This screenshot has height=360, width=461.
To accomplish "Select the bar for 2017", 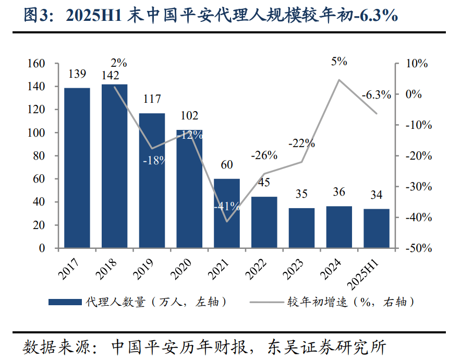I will (x=77, y=168).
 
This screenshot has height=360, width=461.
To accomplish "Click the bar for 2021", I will (x=227, y=213).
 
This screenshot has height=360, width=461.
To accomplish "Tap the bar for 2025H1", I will (x=377, y=229).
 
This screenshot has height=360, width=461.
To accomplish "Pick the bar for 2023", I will (x=301, y=228).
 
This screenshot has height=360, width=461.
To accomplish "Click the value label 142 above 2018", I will (x=114, y=75).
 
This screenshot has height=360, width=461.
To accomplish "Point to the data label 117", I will (x=152, y=99).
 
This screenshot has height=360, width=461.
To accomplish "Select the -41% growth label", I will (x=227, y=206).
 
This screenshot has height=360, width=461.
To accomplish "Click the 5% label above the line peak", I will (x=339, y=62).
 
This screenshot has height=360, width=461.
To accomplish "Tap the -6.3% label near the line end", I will (x=376, y=95).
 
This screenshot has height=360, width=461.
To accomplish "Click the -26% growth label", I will (x=264, y=155).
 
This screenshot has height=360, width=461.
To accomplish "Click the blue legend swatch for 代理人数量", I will (x=64, y=302).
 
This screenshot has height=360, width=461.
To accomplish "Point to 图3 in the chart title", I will (x=35, y=17).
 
